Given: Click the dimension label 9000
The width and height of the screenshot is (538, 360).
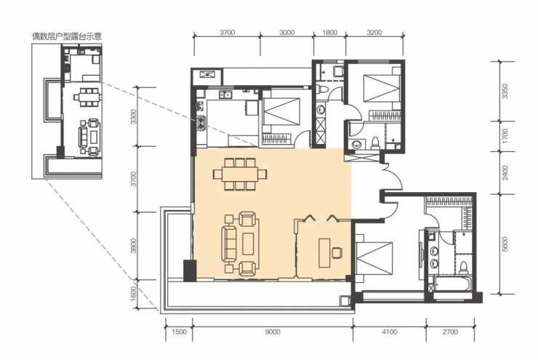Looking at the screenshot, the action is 273,332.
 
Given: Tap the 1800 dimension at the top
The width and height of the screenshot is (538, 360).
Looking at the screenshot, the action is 330,32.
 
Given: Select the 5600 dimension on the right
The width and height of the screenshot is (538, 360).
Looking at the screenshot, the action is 505,244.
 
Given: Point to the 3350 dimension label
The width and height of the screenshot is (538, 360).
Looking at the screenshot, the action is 505,92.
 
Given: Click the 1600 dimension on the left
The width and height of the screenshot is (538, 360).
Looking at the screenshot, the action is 134,294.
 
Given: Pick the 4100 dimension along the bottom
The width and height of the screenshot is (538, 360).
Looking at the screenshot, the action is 390,332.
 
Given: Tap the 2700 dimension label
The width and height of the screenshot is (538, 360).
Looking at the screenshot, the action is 450,332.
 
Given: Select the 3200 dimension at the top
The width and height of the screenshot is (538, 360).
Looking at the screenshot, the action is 374,32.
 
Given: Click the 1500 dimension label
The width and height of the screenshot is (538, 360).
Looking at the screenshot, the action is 179,332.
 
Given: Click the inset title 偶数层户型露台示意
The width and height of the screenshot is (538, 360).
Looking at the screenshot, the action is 67,36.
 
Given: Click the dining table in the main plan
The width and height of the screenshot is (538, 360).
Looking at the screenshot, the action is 240,175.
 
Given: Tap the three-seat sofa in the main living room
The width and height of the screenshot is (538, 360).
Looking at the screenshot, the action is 229,244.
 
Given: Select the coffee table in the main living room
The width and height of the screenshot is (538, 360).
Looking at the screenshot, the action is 248,244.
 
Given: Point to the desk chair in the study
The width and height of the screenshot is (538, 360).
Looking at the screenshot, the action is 337,252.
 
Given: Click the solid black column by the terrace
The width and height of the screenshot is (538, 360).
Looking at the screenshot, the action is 190,271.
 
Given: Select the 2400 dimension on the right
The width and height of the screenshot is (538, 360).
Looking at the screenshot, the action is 505,173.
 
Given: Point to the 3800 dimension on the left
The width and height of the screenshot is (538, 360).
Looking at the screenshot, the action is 134,246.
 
